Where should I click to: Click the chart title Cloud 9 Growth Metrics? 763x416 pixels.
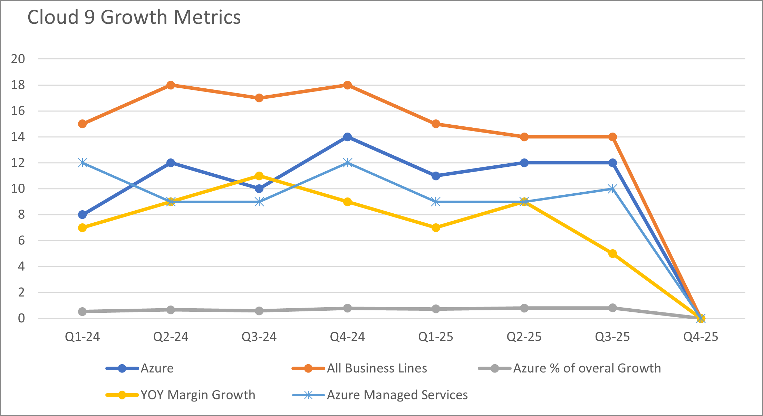pyautogui.click(x=134, y=17)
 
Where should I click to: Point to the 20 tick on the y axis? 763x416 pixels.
pyautogui.click(x=18, y=59)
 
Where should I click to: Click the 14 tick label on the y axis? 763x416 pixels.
pyautogui.click(x=18, y=137)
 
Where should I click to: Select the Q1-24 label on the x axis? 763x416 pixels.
pyautogui.click(x=82, y=337)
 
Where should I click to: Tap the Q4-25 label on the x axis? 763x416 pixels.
pyautogui.click(x=701, y=337)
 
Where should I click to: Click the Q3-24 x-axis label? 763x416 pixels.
pyautogui.click(x=259, y=337)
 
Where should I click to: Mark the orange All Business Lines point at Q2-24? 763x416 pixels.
pyautogui.click(x=171, y=85)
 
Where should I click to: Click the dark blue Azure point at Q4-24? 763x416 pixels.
pyautogui.click(x=348, y=137)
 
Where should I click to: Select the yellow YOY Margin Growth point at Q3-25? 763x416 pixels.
pyautogui.click(x=612, y=254)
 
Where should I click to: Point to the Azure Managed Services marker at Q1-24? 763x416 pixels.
pyautogui.click(x=82, y=163)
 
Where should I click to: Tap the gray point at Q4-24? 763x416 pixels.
pyautogui.click(x=348, y=308)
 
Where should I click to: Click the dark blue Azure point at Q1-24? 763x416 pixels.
pyautogui.click(x=82, y=215)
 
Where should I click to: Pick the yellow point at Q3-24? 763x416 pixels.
pyautogui.click(x=259, y=176)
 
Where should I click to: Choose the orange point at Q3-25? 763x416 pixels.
pyautogui.click(x=612, y=137)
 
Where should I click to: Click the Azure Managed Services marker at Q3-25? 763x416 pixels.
pyautogui.click(x=612, y=189)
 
